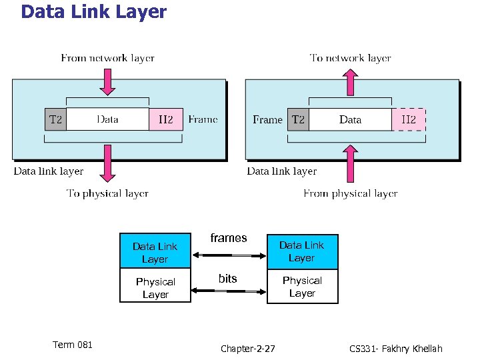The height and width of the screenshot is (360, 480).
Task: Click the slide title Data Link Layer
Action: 93,12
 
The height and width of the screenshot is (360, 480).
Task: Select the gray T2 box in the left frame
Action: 55,119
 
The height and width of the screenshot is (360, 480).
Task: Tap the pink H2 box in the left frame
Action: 165,119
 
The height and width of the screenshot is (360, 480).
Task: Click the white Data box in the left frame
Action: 107,119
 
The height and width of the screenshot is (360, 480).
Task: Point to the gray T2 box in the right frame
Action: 298,120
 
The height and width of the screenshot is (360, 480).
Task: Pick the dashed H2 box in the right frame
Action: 408,120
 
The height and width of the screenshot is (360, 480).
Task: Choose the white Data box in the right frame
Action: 350,120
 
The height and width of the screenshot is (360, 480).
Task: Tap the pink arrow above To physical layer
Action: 107,163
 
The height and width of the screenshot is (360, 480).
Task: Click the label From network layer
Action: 107,58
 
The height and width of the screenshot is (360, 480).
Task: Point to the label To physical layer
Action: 107,193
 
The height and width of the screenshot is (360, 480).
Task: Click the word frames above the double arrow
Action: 229,238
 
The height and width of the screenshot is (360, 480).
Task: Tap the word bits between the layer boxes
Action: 228,279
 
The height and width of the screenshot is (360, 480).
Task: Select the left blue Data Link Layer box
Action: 155,252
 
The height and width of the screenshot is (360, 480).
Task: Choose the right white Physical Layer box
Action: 302,287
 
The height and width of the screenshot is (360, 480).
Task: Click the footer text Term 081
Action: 73,345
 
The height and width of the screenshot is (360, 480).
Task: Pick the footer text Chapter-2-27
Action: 247,349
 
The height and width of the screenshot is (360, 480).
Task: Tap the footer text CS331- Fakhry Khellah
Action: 395,349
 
